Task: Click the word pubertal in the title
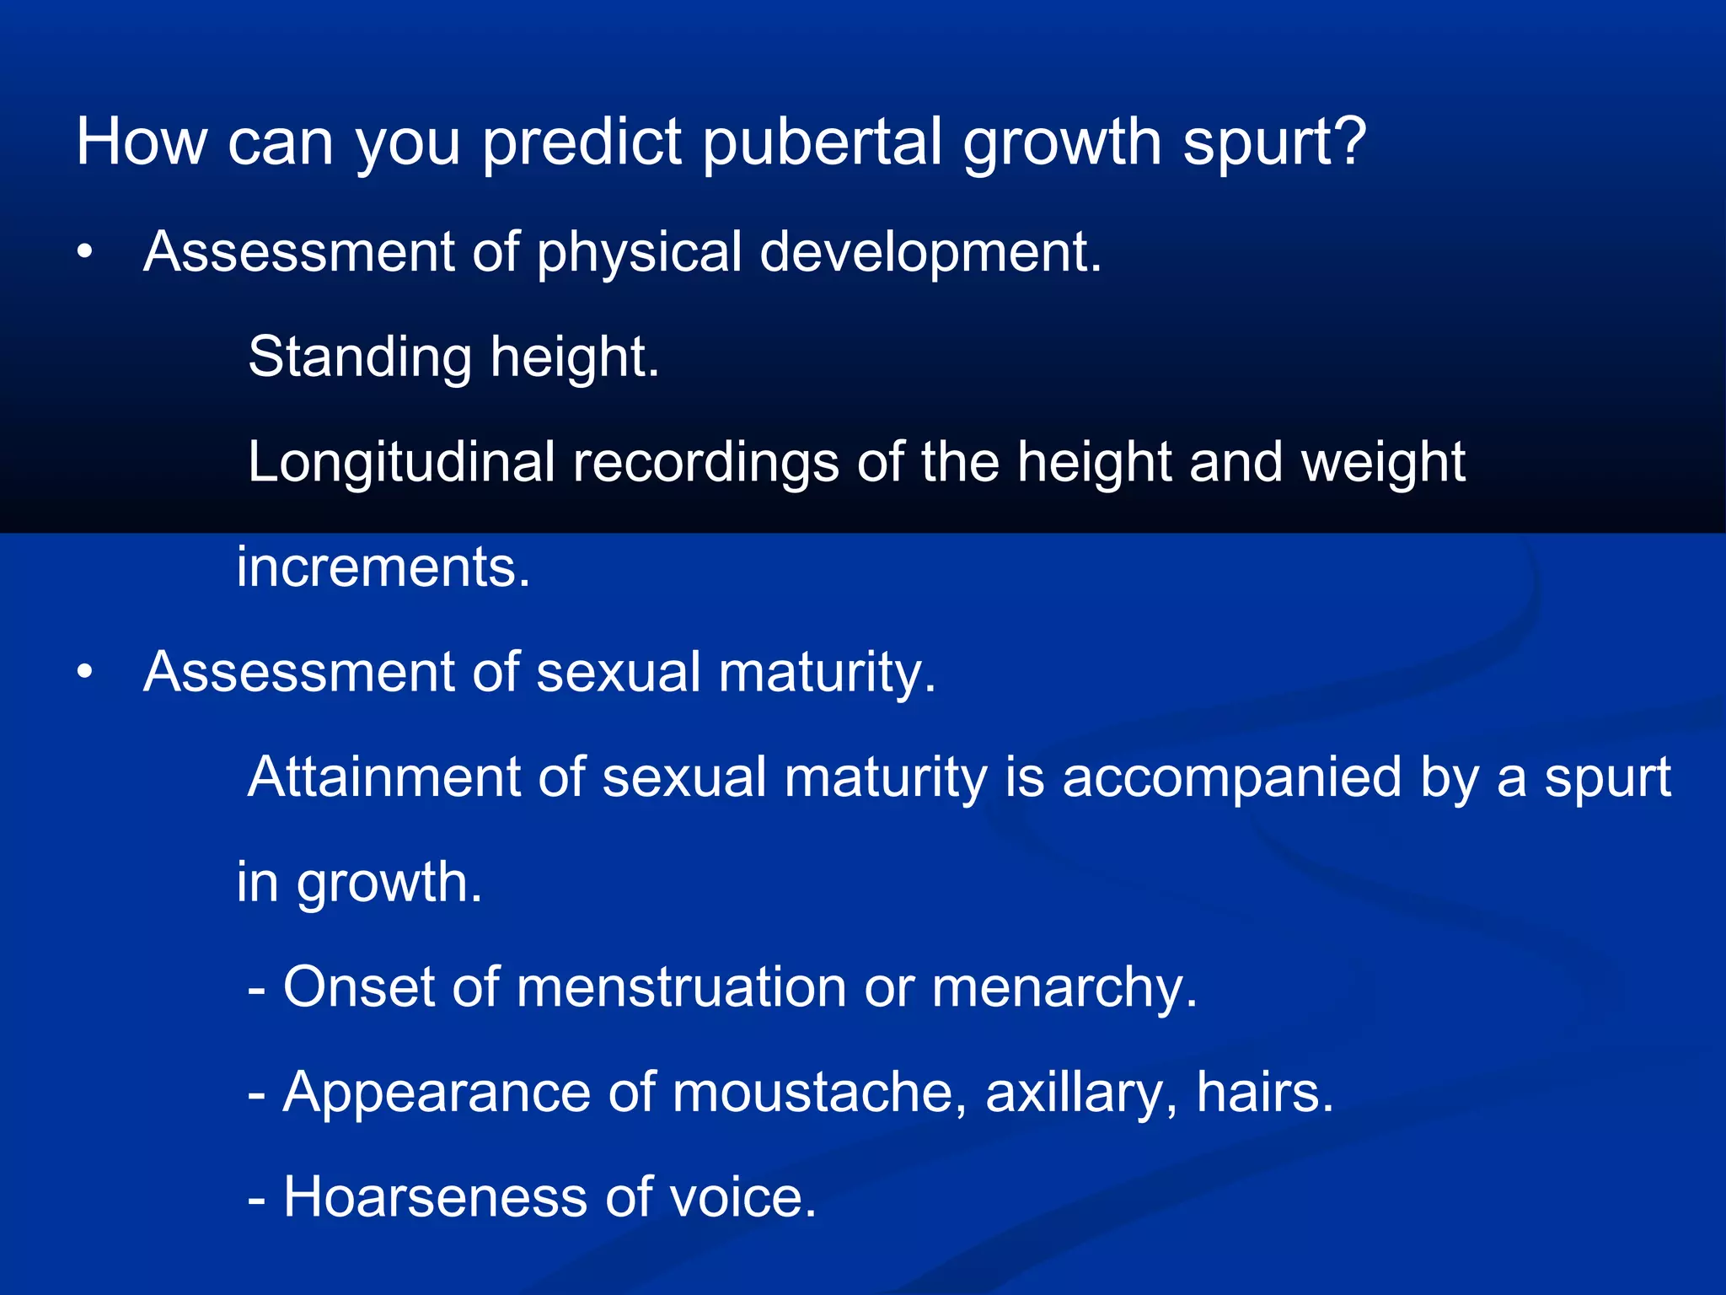click(822, 143)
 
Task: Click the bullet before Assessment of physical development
click(84, 252)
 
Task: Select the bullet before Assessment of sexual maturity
click(84, 673)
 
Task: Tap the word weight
click(1383, 463)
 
